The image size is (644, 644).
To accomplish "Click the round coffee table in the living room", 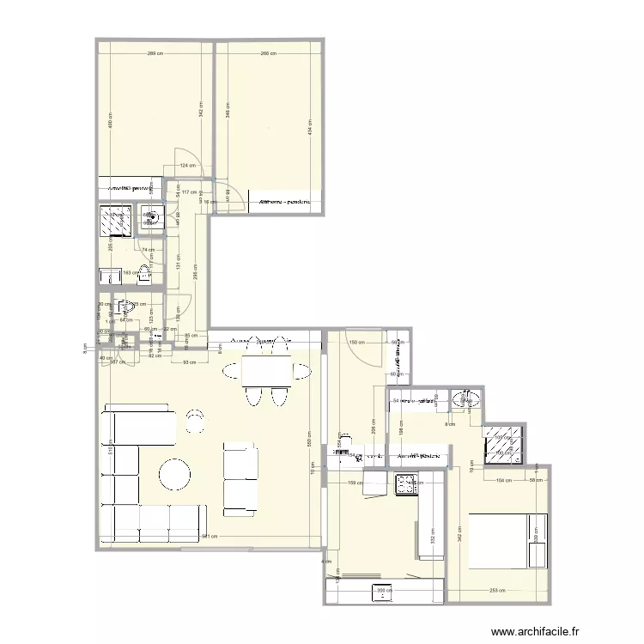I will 175,475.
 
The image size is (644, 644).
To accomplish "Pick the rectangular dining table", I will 266,371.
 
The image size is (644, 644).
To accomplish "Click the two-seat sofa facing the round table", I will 240,478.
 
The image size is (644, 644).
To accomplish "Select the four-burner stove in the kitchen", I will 405,484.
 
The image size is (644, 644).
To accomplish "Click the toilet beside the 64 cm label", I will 125,307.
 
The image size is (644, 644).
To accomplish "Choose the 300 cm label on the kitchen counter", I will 383,590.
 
